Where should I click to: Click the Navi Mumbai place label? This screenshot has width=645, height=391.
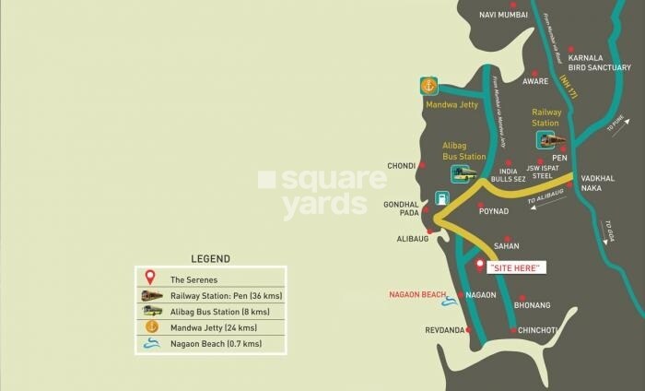pyautogui.click(x=503, y=15)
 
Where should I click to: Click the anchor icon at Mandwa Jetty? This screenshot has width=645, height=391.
pyautogui.click(x=428, y=86)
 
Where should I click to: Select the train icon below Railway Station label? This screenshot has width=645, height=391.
pyautogui.click(x=552, y=140)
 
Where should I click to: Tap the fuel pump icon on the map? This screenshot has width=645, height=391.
pyautogui.click(x=442, y=197)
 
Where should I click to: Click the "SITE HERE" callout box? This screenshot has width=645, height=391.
pyautogui.click(x=516, y=267)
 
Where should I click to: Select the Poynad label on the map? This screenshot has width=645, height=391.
pyautogui.click(x=494, y=211)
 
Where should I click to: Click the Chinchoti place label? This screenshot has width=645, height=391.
pyautogui.click(x=538, y=329)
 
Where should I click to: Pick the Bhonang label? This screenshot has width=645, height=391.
pyautogui.click(x=533, y=304)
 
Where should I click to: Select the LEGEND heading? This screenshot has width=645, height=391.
pyautogui.click(x=210, y=259)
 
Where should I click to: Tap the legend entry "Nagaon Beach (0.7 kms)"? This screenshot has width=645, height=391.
pyautogui.click(x=216, y=344)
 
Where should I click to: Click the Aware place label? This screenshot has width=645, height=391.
pyautogui.click(x=535, y=81)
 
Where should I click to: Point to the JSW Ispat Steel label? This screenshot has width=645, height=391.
pyautogui.click(x=545, y=172)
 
